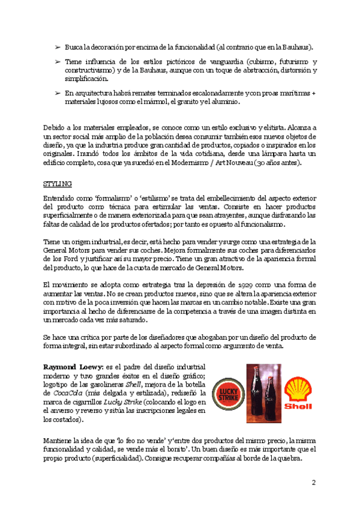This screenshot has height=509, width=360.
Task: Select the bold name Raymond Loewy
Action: coord(73,366)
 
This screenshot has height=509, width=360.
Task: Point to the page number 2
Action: coord(313,482)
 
